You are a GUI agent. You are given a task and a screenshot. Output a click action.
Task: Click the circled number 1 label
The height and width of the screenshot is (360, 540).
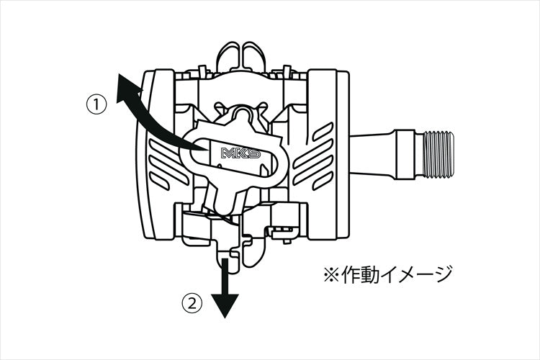pyautogui.click(x=96, y=105)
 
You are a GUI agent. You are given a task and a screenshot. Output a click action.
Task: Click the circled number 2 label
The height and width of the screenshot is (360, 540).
pyautogui.click(x=190, y=303)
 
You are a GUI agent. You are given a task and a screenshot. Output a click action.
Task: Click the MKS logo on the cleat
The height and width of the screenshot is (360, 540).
pyautogui.click(x=235, y=152)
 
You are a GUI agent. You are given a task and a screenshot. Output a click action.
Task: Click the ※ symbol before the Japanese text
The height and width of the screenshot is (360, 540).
pyautogui.click(x=331, y=275)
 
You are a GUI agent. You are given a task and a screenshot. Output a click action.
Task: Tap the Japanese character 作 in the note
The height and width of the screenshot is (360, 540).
pyautogui.click(x=351, y=275)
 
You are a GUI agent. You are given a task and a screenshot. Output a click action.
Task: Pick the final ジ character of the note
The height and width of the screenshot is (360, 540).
pyautogui.click(x=443, y=275)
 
